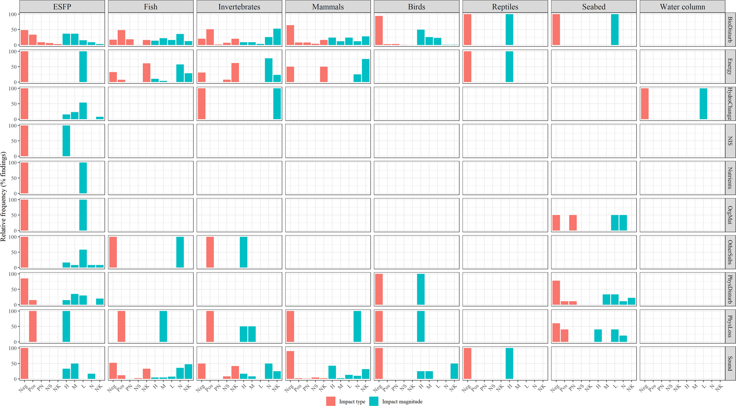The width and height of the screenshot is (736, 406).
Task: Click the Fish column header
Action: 151,7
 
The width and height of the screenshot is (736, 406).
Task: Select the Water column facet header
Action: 682,7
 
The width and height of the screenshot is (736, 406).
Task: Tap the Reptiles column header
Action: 505,7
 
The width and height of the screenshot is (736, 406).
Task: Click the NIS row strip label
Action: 730,141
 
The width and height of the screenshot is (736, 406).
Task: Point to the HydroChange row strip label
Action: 730,103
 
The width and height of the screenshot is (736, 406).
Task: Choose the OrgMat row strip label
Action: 730,215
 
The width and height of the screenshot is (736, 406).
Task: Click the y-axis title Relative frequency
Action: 4,196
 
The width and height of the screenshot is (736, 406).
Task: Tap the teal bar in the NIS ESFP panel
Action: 66,141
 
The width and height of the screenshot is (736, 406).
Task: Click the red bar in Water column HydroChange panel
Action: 645,103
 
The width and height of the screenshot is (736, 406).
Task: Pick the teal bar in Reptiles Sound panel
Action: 509,363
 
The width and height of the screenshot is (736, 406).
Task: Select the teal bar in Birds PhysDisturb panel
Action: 421,289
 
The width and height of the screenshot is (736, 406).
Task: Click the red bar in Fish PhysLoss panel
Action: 121,326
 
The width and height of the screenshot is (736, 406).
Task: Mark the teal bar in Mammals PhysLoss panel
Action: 357,326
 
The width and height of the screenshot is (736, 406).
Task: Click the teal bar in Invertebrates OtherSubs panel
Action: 244,252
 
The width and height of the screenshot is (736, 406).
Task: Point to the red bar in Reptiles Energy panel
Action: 467,66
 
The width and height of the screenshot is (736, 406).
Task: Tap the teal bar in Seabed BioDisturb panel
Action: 615,30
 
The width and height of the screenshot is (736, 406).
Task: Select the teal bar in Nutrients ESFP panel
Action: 83,178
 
